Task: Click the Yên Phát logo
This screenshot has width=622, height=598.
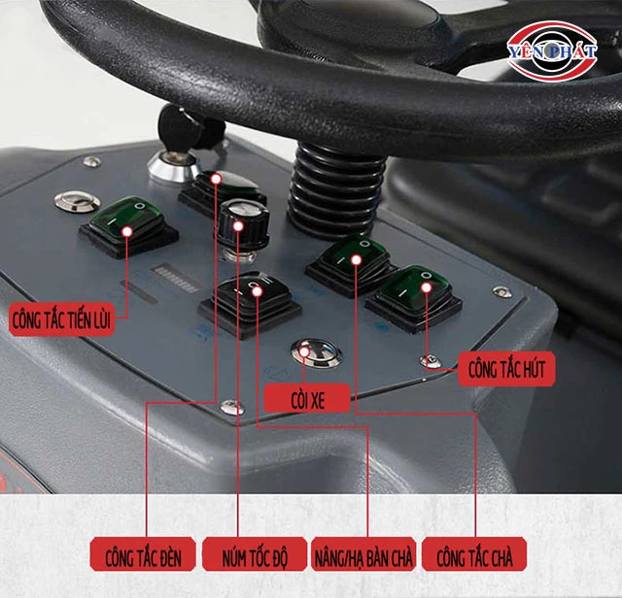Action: (552, 50)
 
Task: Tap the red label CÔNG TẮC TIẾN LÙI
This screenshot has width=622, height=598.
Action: (62, 319)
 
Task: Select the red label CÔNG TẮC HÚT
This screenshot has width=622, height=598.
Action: (506, 369)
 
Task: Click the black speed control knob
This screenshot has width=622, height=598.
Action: (243, 224)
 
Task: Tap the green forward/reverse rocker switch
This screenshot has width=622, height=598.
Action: (129, 226)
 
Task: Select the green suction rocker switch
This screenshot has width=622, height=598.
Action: (414, 297)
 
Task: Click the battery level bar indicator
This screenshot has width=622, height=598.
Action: (177, 278)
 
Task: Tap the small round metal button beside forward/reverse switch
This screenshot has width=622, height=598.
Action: (77, 200)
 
